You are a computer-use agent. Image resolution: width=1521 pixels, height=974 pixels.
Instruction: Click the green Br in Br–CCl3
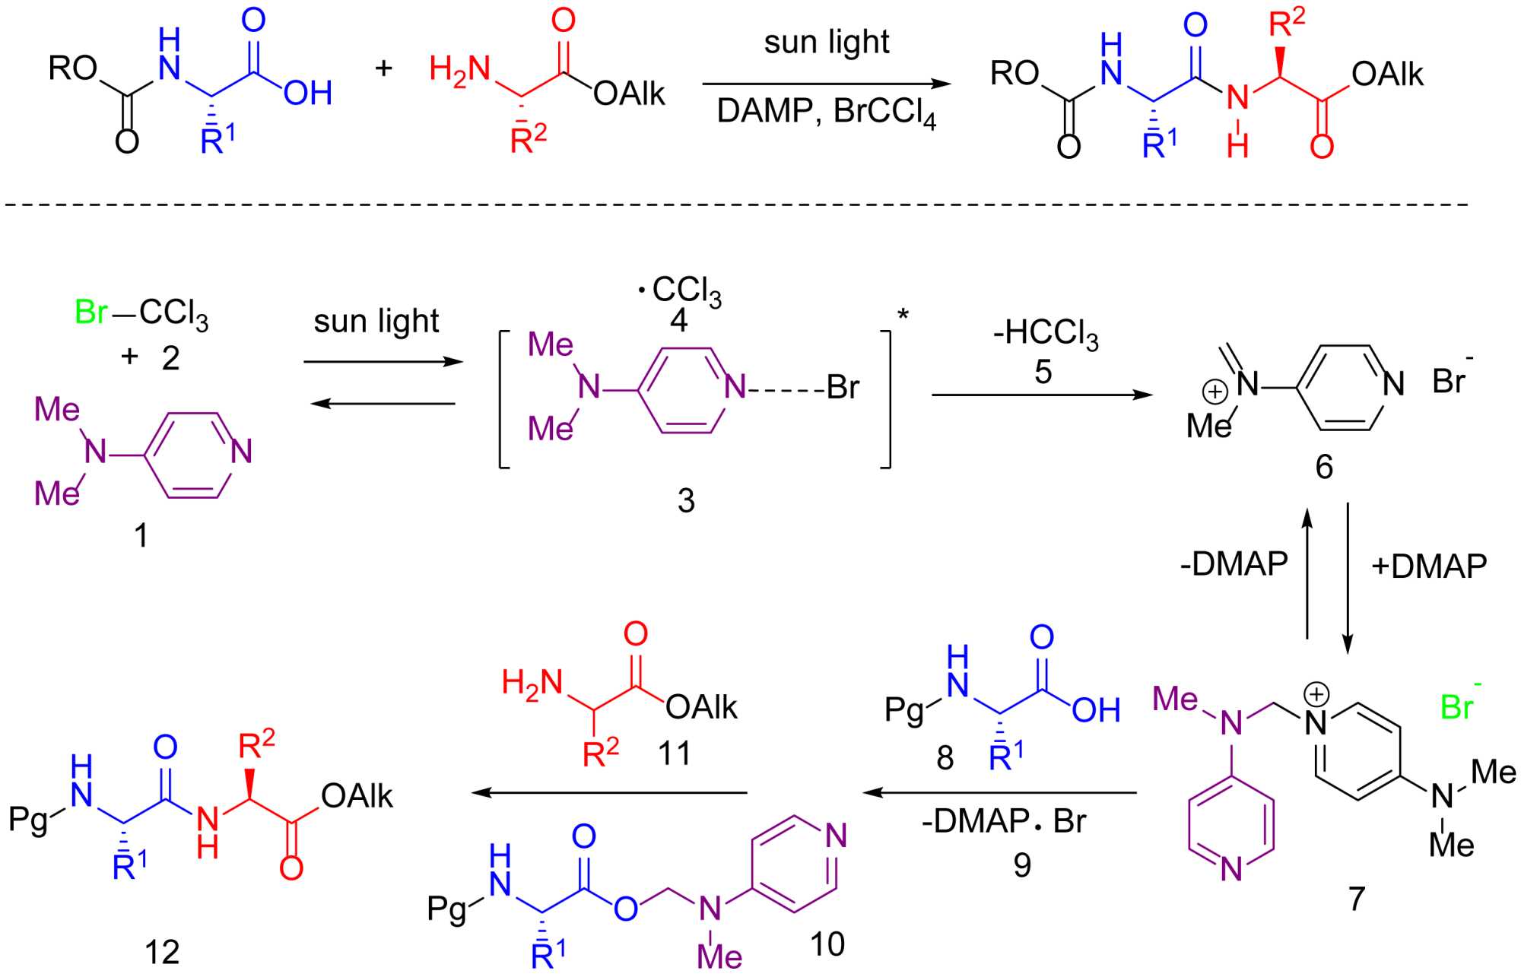(91, 312)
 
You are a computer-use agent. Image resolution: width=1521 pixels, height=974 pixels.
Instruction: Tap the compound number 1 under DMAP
(141, 536)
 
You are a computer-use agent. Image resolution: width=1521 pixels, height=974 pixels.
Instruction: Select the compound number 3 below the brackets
(685, 501)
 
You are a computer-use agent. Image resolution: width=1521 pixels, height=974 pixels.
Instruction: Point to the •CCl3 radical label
(679, 291)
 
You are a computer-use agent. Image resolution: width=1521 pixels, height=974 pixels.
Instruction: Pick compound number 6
(1324, 467)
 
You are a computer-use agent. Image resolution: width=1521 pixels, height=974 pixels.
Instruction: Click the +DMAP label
(1429, 566)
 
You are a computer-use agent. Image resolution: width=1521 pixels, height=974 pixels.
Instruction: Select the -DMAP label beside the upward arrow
(1234, 564)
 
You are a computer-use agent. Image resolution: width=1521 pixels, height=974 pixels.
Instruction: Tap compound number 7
(1357, 899)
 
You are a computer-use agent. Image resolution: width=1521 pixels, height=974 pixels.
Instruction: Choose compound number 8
(945, 757)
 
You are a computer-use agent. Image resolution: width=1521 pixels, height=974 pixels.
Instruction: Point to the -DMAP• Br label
(1004, 822)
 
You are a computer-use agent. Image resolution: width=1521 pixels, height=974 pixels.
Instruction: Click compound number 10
(827, 944)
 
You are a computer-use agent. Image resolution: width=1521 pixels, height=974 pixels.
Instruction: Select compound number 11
(674, 754)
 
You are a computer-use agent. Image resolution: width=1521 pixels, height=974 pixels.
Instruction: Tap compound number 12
(162, 952)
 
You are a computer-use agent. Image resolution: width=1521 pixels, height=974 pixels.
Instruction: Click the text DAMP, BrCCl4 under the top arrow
(826, 113)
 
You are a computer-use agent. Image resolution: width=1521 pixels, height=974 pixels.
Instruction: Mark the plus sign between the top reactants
(383, 68)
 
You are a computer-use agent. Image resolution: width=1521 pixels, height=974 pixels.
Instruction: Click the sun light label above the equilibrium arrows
(376, 322)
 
